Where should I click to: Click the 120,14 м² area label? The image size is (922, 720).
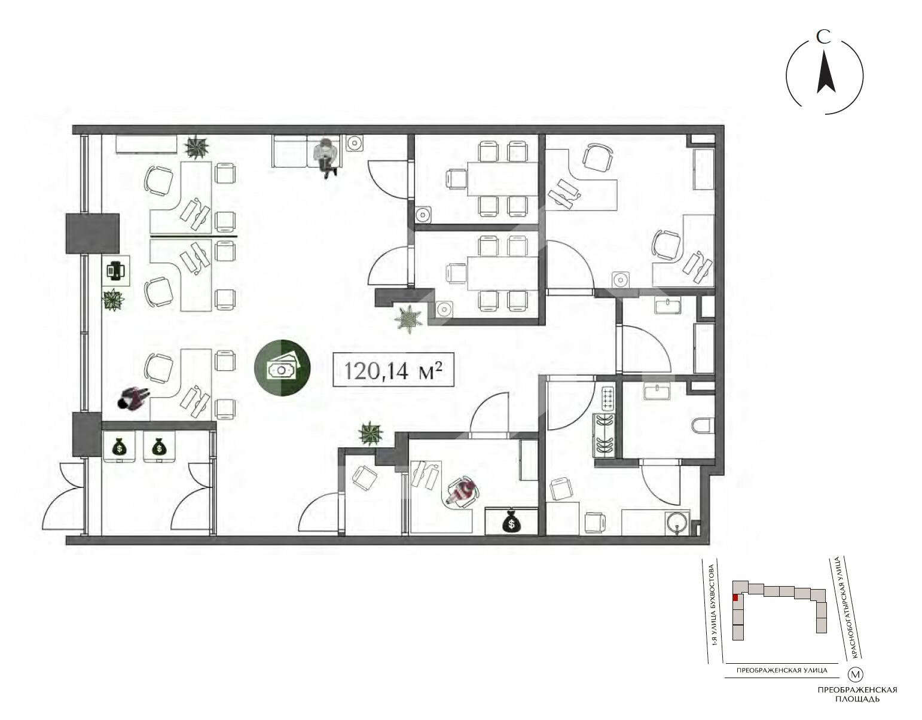pyautogui.click(x=393, y=370)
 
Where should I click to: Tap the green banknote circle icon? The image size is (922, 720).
pyautogui.click(x=282, y=368)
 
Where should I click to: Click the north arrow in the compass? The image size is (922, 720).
pyautogui.click(x=826, y=78)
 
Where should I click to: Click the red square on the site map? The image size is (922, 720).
pyautogui.click(x=735, y=598)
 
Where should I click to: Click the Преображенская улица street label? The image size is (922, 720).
pyautogui.click(x=781, y=671)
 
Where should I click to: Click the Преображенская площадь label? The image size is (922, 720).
pyautogui.click(x=857, y=694)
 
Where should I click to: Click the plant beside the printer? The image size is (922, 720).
pyautogui.click(x=113, y=300)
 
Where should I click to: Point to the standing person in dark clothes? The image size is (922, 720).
pyautogui.click(x=133, y=398)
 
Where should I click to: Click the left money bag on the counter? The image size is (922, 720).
pyautogui.click(x=119, y=446)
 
